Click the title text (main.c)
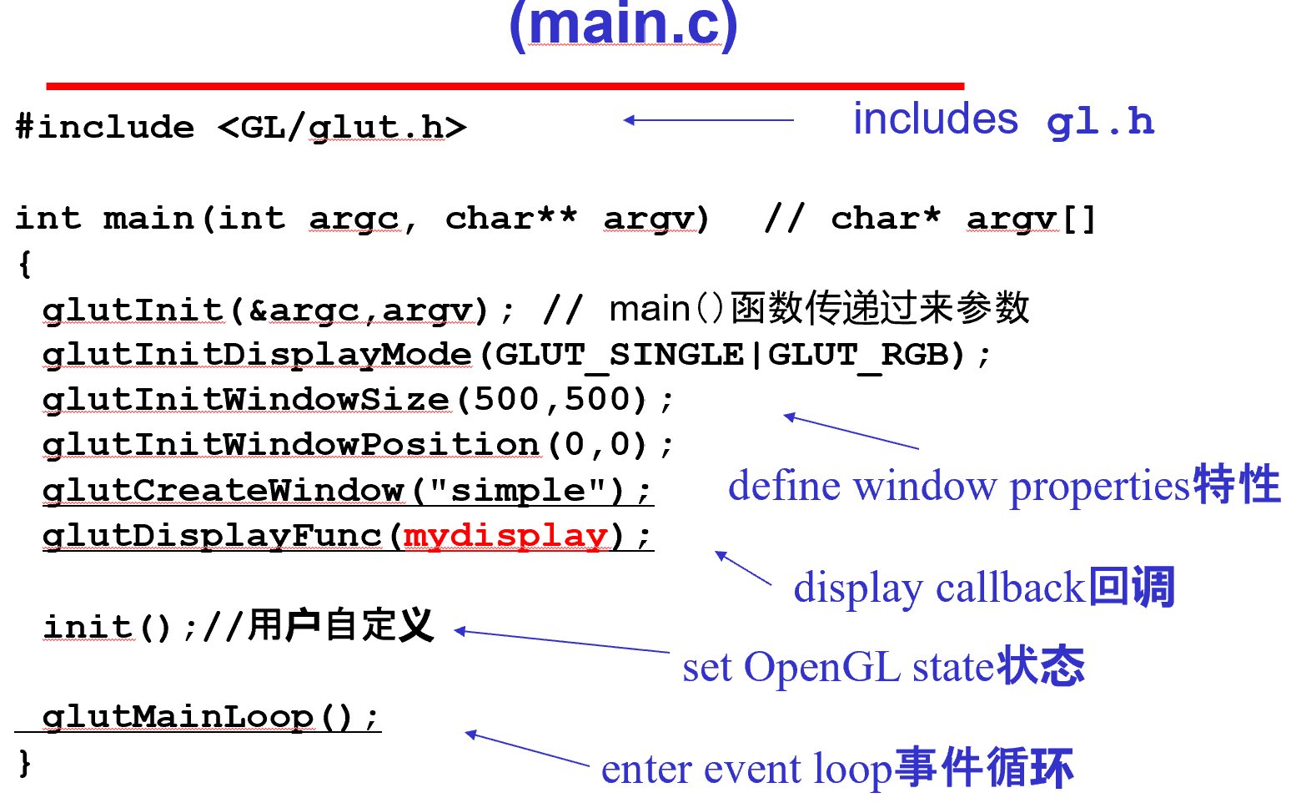[623, 25]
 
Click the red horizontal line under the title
[505, 86]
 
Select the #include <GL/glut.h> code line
[240, 128]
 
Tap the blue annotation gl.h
[1100, 123]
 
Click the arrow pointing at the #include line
[708, 120]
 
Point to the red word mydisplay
[505, 536]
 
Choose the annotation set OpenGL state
[838, 668]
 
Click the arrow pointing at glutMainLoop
[527, 748]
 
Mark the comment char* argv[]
[962, 219]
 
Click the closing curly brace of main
[25, 762]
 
